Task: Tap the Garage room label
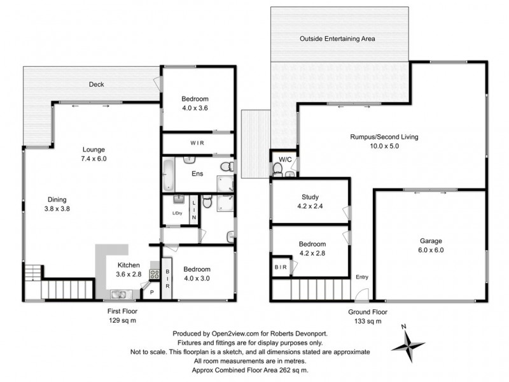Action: [x=431, y=241]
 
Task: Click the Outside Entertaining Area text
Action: [x=337, y=39]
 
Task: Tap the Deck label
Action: [x=96, y=84]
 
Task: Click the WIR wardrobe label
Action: [x=197, y=143]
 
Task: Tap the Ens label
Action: [x=197, y=172]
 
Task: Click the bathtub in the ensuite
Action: [x=168, y=172]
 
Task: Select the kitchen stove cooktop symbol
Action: [x=153, y=274]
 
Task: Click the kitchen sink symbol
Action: [x=117, y=294]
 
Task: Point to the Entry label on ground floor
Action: [x=362, y=276]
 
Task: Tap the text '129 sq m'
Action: [x=122, y=321]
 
